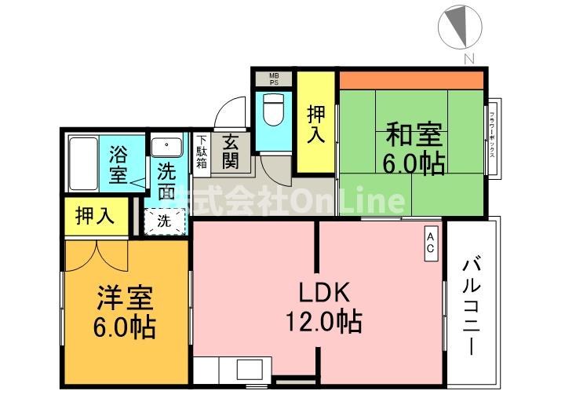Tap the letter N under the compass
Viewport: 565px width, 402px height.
point(468,58)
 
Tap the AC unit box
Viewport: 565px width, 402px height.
point(431,243)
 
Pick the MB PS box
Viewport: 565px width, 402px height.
point(272,78)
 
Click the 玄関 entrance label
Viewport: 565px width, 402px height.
point(230,152)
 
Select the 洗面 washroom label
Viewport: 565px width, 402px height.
point(166,181)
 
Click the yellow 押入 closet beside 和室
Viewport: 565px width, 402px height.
point(315,123)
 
